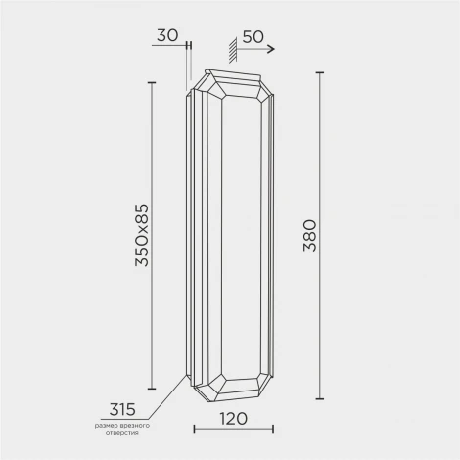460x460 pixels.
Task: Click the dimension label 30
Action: tap(167, 35)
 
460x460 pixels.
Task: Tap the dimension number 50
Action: tap(253, 37)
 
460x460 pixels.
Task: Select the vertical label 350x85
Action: tap(142, 235)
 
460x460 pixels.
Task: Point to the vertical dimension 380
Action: tap(309, 235)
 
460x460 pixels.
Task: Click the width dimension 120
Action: tap(233, 419)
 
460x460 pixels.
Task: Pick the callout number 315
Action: tap(122, 409)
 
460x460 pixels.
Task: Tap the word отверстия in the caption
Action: tap(121, 433)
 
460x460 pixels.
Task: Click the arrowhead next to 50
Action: tap(271, 49)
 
